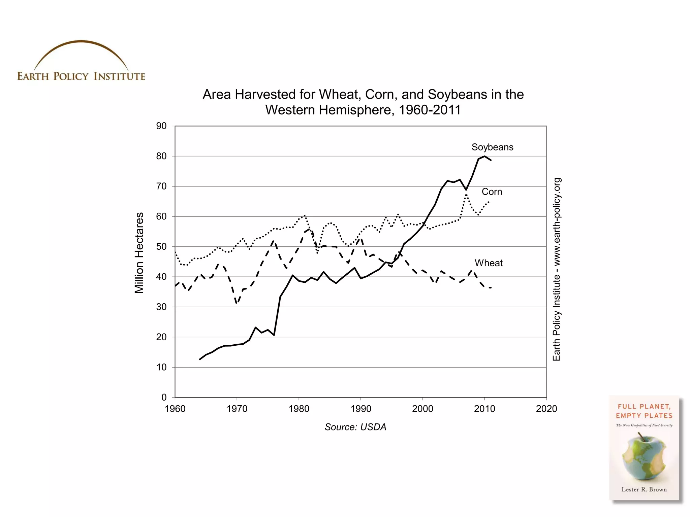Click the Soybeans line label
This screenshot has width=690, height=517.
(492, 147)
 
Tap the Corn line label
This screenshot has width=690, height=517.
(492, 192)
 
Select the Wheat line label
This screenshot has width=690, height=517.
(489, 263)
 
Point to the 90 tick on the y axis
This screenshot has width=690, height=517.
(161, 126)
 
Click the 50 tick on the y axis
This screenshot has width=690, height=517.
(161, 246)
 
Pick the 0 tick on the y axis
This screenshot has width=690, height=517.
(164, 397)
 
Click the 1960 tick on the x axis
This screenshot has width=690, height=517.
(175, 409)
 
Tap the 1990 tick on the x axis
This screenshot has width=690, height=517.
(361, 409)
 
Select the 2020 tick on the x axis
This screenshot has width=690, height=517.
(546, 409)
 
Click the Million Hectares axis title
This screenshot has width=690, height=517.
(139, 253)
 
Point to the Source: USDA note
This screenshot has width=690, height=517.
(355, 427)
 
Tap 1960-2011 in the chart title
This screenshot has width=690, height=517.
(430, 110)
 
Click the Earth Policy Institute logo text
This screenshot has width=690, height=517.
(81, 76)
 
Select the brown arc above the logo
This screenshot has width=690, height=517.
(81, 42)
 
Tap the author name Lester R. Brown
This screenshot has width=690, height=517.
(644, 489)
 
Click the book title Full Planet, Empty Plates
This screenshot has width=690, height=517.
(644, 411)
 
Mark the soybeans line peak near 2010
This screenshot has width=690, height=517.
(484, 156)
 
